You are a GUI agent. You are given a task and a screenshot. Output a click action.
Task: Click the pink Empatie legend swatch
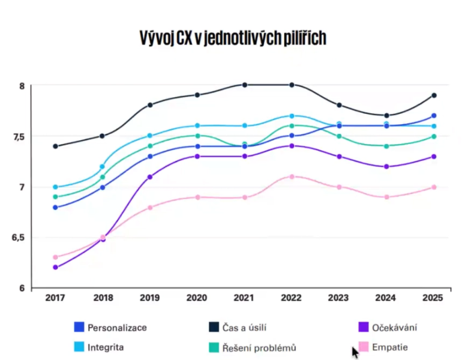(x=364, y=347)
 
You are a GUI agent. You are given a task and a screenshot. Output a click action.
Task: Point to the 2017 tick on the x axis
(x=55, y=298)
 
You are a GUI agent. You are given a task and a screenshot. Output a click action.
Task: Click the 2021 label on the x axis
(x=245, y=298)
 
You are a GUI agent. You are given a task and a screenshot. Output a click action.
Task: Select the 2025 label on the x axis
(x=433, y=298)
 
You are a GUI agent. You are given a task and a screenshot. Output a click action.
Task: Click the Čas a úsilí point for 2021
(x=245, y=85)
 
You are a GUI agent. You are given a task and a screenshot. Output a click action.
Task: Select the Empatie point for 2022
(x=292, y=176)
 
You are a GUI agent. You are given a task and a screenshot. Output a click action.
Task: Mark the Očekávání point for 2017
(x=55, y=268)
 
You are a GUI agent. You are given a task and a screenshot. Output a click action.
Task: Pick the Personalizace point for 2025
(x=434, y=116)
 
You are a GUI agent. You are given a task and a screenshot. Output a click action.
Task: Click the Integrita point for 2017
(x=55, y=187)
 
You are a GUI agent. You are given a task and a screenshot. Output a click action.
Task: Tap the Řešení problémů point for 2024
(x=386, y=146)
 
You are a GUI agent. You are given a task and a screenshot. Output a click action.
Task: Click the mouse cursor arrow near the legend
(x=355, y=352)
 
